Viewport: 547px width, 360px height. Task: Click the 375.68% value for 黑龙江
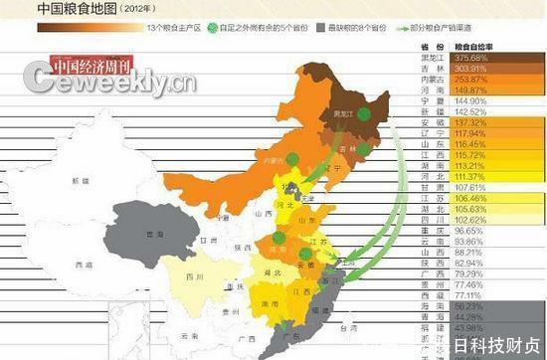467,58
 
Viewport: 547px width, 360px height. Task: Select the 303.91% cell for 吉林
467,68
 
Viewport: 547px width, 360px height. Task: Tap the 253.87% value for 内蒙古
467,79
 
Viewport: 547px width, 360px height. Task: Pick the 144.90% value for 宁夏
467,100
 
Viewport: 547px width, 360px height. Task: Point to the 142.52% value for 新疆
467,111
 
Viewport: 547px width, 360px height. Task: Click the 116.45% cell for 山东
467,144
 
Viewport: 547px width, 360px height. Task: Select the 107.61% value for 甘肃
467,187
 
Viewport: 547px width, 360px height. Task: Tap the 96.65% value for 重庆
467,231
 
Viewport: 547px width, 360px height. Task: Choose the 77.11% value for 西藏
467,295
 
